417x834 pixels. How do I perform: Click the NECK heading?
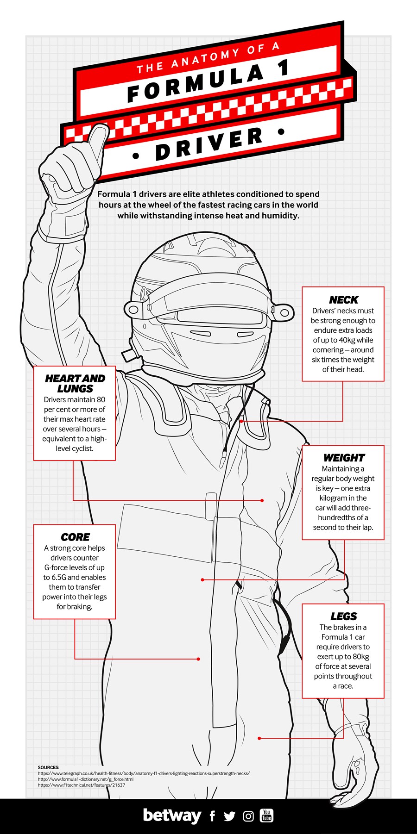click(x=343, y=300)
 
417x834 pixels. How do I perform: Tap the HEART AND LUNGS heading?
click(x=75, y=384)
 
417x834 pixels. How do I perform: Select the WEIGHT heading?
click(x=344, y=458)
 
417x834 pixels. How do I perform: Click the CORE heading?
click(x=75, y=537)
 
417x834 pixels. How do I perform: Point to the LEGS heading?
click(x=343, y=616)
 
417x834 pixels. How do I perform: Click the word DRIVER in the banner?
click(x=209, y=144)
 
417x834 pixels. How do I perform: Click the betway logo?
click(x=172, y=815)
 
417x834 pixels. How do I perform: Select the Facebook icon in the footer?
click(x=212, y=816)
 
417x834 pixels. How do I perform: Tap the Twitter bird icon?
click(x=229, y=816)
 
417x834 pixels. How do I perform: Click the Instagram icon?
click(x=248, y=816)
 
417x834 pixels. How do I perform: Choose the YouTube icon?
click(x=266, y=815)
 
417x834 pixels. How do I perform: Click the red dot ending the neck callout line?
click(x=241, y=421)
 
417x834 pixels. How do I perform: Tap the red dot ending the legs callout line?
click(x=259, y=738)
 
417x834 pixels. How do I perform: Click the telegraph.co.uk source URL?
click(x=144, y=773)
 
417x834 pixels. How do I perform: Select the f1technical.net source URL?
click(x=82, y=785)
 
